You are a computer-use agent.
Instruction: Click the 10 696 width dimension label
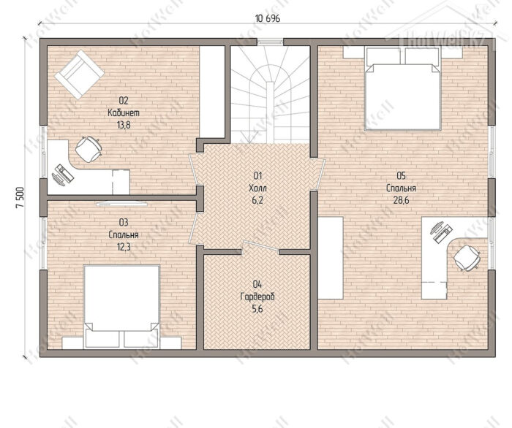click(268, 18)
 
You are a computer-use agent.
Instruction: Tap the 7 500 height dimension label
click(19, 197)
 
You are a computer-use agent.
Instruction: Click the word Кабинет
click(124, 112)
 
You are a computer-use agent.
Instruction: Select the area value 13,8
click(124, 125)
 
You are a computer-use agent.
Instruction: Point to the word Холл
click(257, 188)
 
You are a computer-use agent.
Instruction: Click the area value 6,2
click(257, 200)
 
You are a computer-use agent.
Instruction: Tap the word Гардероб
click(257, 297)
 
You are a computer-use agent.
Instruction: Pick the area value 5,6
click(257, 309)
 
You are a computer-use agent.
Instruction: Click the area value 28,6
click(401, 200)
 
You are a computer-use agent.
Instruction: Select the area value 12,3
click(124, 247)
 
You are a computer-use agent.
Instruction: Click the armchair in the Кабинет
click(79, 74)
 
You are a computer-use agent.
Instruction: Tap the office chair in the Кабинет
click(89, 149)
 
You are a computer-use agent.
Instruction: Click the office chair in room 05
click(467, 258)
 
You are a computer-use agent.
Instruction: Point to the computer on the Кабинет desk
click(63, 175)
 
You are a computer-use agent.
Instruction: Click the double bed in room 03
click(122, 307)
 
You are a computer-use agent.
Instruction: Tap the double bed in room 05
click(403, 88)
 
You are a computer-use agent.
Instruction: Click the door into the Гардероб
click(261, 246)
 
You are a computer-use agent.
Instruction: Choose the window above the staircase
click(271, 42)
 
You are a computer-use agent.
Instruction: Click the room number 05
click(401, 176)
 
